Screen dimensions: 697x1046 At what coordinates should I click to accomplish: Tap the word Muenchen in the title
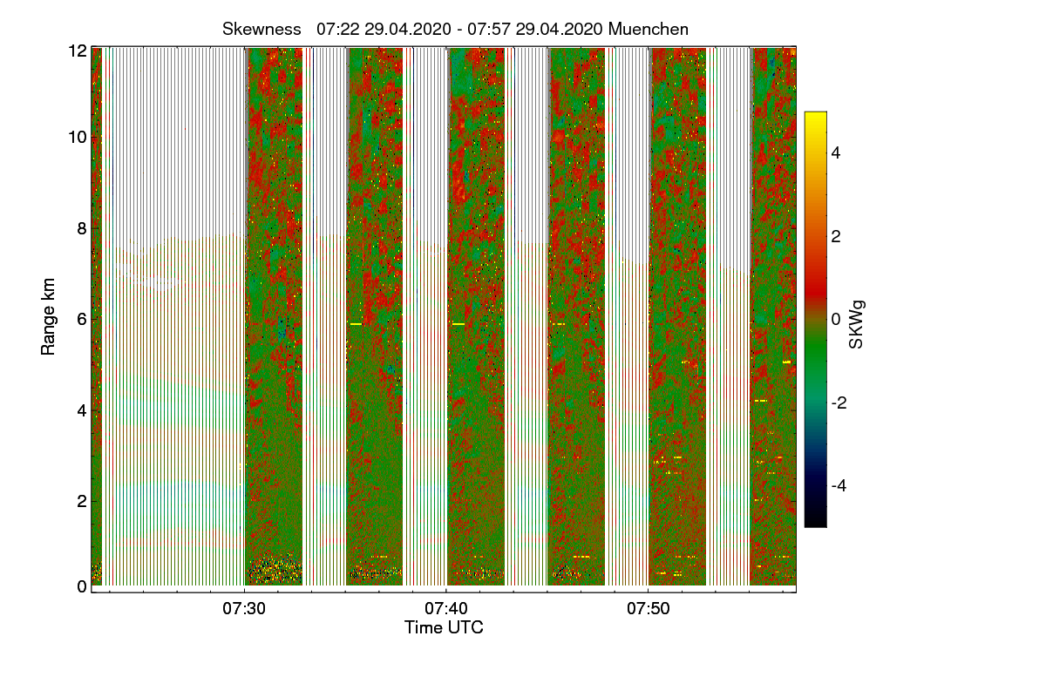click(649, 29)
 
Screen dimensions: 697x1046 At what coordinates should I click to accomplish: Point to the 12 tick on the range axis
click(77, 51)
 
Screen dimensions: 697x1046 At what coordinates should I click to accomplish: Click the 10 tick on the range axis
click(77, 137)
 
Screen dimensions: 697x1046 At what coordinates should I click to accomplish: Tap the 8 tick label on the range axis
click(80, 229)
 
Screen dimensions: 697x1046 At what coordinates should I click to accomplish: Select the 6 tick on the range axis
click(80, 319)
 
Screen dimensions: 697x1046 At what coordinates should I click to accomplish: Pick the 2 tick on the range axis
click(80, 501)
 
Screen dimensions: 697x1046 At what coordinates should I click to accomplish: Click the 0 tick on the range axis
click(80, 586)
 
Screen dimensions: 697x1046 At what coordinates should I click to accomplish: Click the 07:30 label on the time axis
click(245, 608)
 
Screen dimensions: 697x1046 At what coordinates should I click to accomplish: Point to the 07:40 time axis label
click(446, 608)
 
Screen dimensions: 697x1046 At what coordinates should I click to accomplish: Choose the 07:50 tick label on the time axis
click(648, 608)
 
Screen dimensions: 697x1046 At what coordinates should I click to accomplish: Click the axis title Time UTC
click(444, 627)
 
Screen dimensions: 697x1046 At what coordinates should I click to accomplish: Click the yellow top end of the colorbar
click(815, 117)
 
